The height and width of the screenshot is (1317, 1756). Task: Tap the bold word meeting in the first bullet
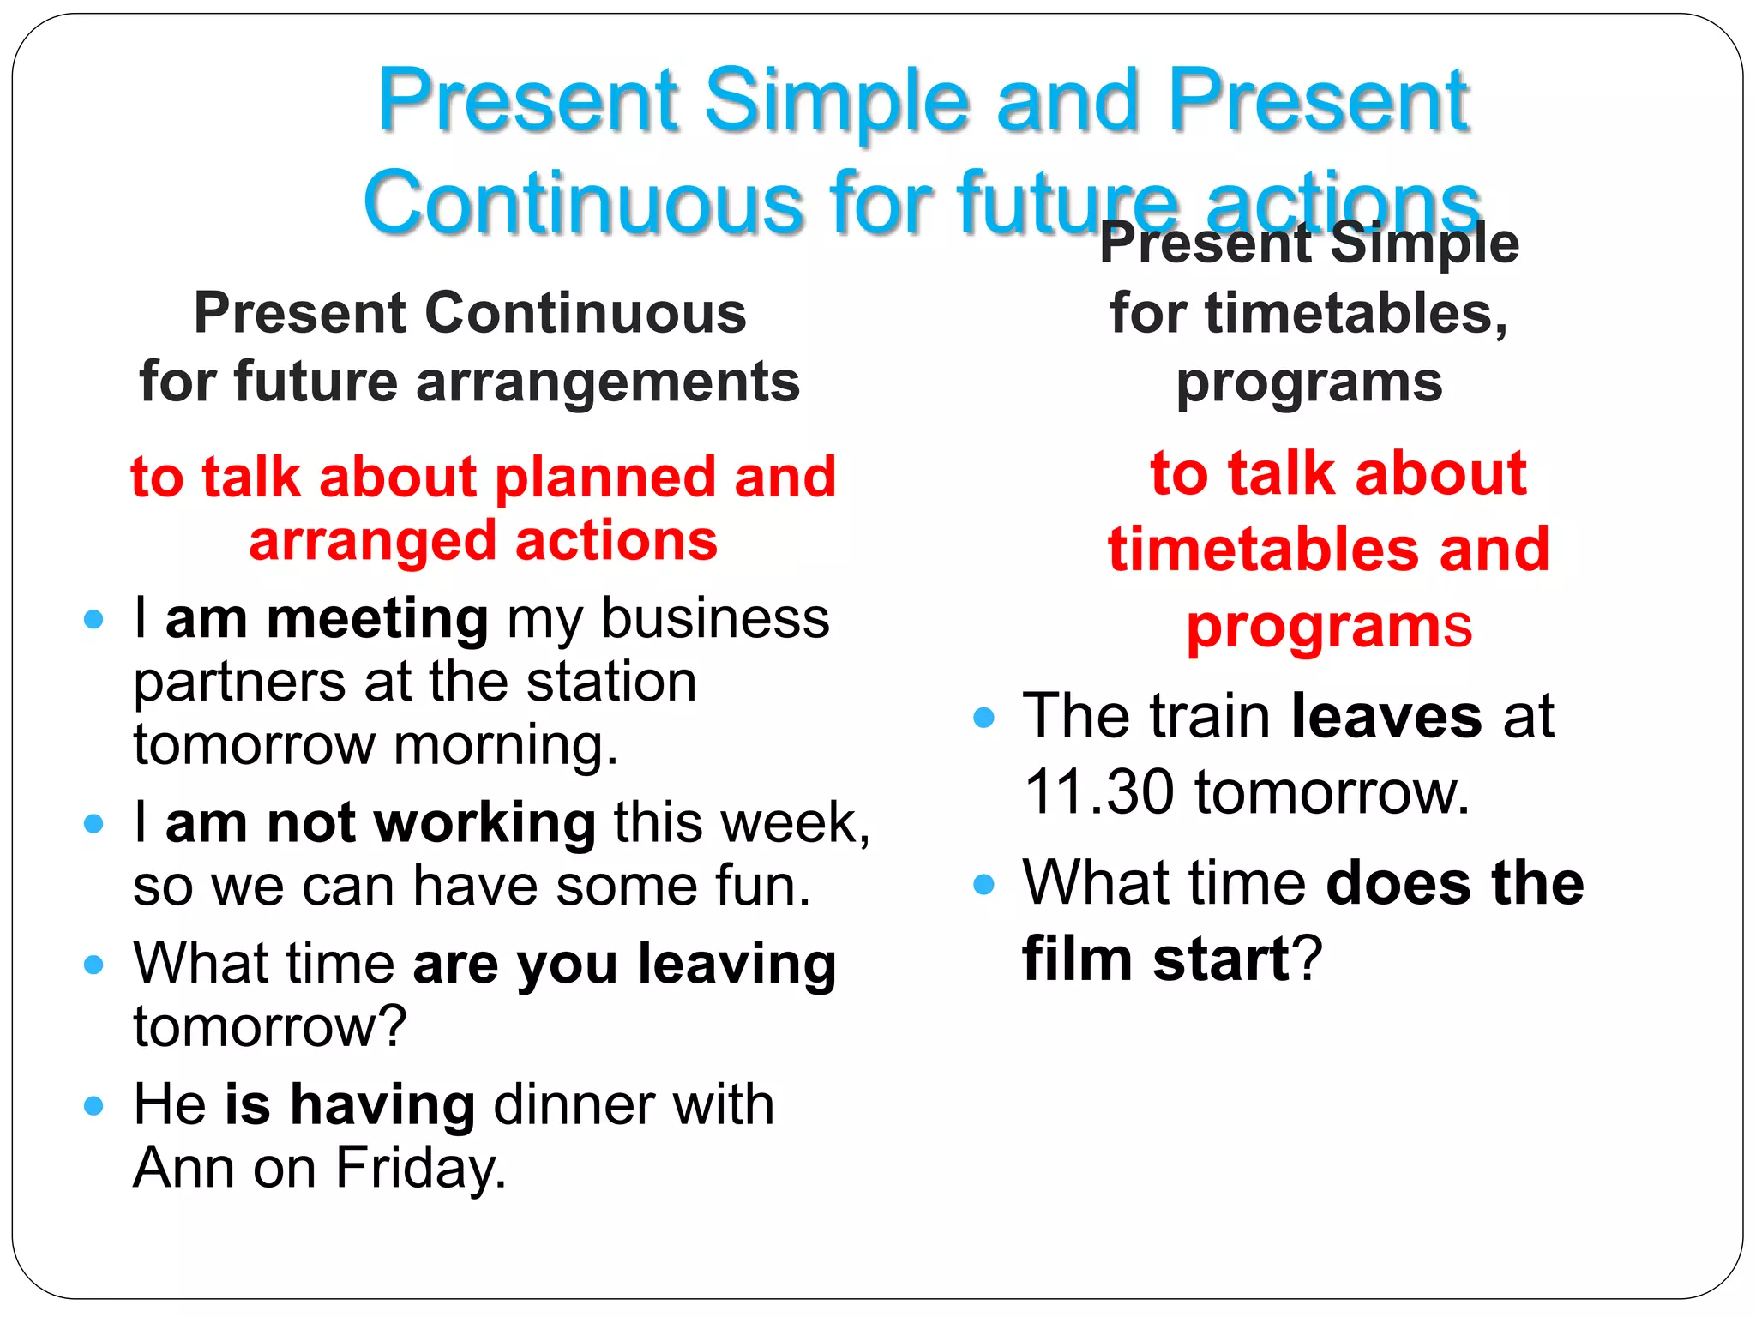(x=377, y=619)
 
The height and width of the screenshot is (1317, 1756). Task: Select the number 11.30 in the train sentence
(x=1098, y=792)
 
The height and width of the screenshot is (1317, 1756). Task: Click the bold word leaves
(x=1386, y=716)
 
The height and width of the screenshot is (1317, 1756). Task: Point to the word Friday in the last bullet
(x=420, y=1168)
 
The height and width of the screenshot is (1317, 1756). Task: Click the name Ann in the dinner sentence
(x=183, y=1168)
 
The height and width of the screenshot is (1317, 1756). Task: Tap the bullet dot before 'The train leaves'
(x=984, y=717)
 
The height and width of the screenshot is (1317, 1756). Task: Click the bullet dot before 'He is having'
(x=93, y=1105)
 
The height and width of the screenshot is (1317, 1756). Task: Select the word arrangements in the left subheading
(x=608, y=382)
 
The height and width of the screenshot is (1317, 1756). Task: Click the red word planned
(x=605, y=477)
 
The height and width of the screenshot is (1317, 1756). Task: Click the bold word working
(x=485, y=823)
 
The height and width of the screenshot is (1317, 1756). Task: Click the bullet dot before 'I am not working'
(x=93, y=824)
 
